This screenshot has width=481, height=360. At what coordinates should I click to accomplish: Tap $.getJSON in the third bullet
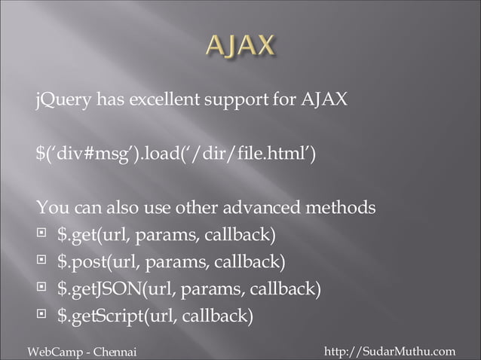[x=94, y=289]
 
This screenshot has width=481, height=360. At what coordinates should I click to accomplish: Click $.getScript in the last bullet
[x=97, y=316]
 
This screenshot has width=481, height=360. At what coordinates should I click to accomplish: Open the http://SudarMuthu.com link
[x=389, y=351]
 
